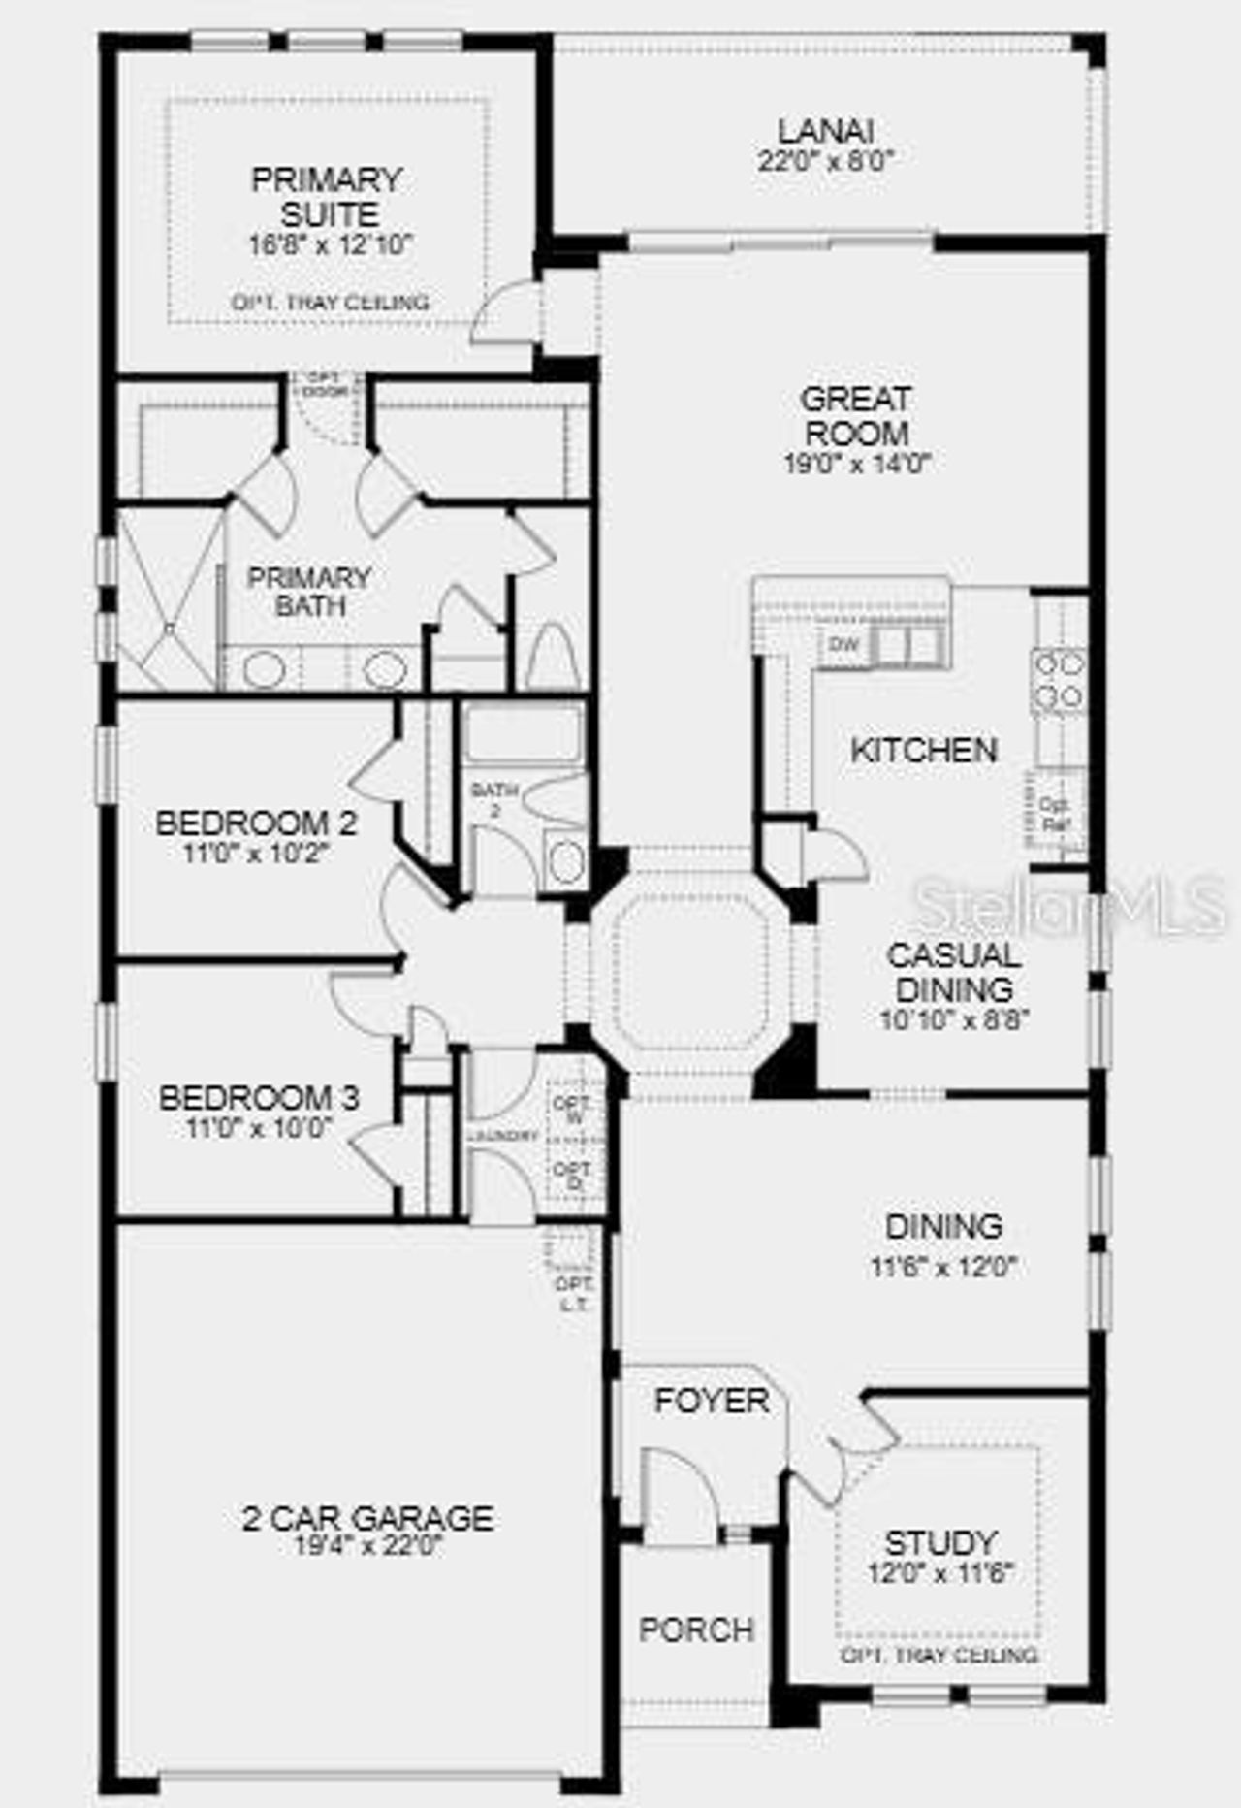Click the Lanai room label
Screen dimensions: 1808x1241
click(826, 130)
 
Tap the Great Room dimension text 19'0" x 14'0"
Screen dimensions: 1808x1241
click(857, 464)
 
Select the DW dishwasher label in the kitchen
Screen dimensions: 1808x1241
click(844, 644)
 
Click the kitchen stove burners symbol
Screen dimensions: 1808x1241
click(1059, 679)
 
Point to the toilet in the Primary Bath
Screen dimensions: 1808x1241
click(553, 658)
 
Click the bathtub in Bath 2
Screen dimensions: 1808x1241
click(524, 731)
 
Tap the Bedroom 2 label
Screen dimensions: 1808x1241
click(256, 823)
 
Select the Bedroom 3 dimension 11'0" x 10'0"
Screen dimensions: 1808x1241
click(259, 1128)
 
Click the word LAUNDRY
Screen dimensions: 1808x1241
click(502, 1136)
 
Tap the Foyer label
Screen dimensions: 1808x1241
click(711, 1401)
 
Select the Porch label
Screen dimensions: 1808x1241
click(696, 1630)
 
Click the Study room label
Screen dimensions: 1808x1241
click(940, 1543)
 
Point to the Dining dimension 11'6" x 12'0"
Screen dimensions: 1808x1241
click(942, 1267)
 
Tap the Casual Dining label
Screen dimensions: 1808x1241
click(954, 972)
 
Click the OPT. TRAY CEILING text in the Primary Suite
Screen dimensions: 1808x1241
click(330, 303)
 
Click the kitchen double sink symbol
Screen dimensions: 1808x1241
click(907, 644)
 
